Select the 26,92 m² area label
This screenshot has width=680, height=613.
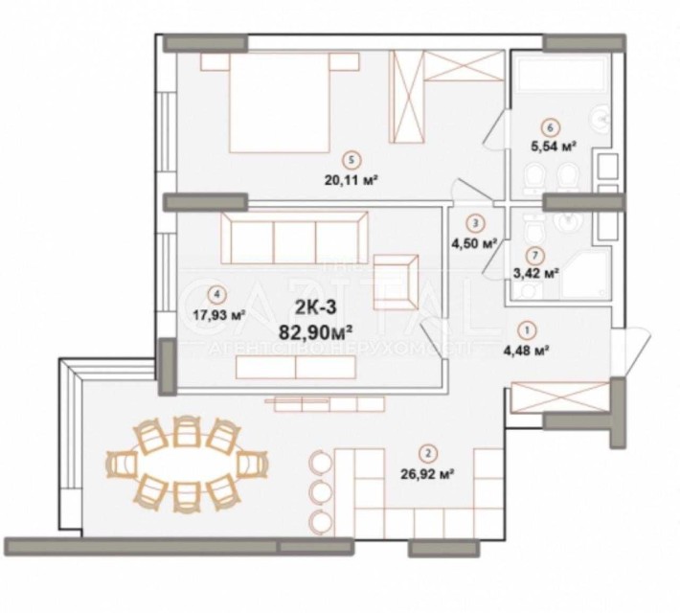tap(431, 471)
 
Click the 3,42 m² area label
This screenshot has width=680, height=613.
tap(537, 272)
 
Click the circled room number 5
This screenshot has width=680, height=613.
tap(353, 160)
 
